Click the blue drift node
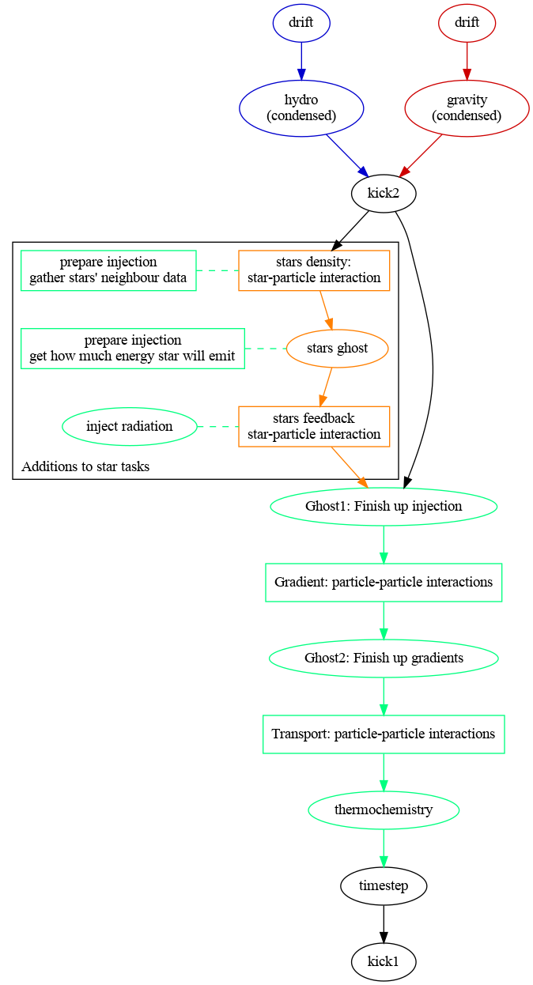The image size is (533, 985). pos(301,23)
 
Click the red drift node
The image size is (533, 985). pos(467,23)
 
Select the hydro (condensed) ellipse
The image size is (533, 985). pos(301,108)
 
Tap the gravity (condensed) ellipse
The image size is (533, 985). pos(467,108)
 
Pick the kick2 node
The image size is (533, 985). pos(384,193)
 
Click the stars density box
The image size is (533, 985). pos(314,270)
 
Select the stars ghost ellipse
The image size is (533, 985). pos(338,348)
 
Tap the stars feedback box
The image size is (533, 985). pos(314,426)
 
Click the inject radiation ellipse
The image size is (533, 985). pos(130,427)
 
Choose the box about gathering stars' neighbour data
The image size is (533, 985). pos(108,270)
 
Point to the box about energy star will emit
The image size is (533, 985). pos(133,348)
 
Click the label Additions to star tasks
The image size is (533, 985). pos(85,466)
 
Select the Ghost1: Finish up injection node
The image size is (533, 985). pos(384,506)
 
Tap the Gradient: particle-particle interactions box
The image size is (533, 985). pos(384,583)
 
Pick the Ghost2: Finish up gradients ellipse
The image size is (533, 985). pos(384,658)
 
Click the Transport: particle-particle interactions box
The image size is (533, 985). pos(384,734)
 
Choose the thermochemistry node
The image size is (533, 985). pos(384,810)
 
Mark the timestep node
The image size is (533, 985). pos(384,885)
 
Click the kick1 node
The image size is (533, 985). pos(384,961)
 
